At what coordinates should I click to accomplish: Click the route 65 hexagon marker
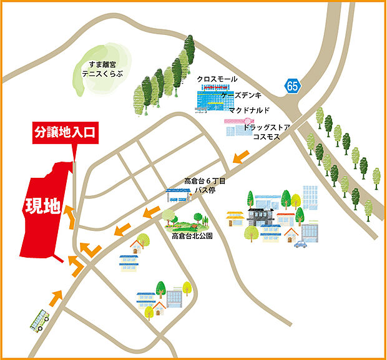(293, 86)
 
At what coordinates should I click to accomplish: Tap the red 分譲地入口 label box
(64, 132)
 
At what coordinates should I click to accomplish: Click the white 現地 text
(42, 206)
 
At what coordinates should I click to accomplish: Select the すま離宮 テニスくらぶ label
(100, 69)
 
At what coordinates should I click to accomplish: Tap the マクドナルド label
(249, 110)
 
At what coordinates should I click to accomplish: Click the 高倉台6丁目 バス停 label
(204, 185)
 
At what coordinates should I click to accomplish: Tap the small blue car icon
(301, 243)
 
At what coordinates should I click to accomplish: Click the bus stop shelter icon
(177, 195)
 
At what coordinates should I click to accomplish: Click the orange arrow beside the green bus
(56, 297)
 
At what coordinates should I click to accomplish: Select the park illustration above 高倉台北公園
(184, 220)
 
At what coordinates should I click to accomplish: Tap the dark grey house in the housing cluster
(261, 216)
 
